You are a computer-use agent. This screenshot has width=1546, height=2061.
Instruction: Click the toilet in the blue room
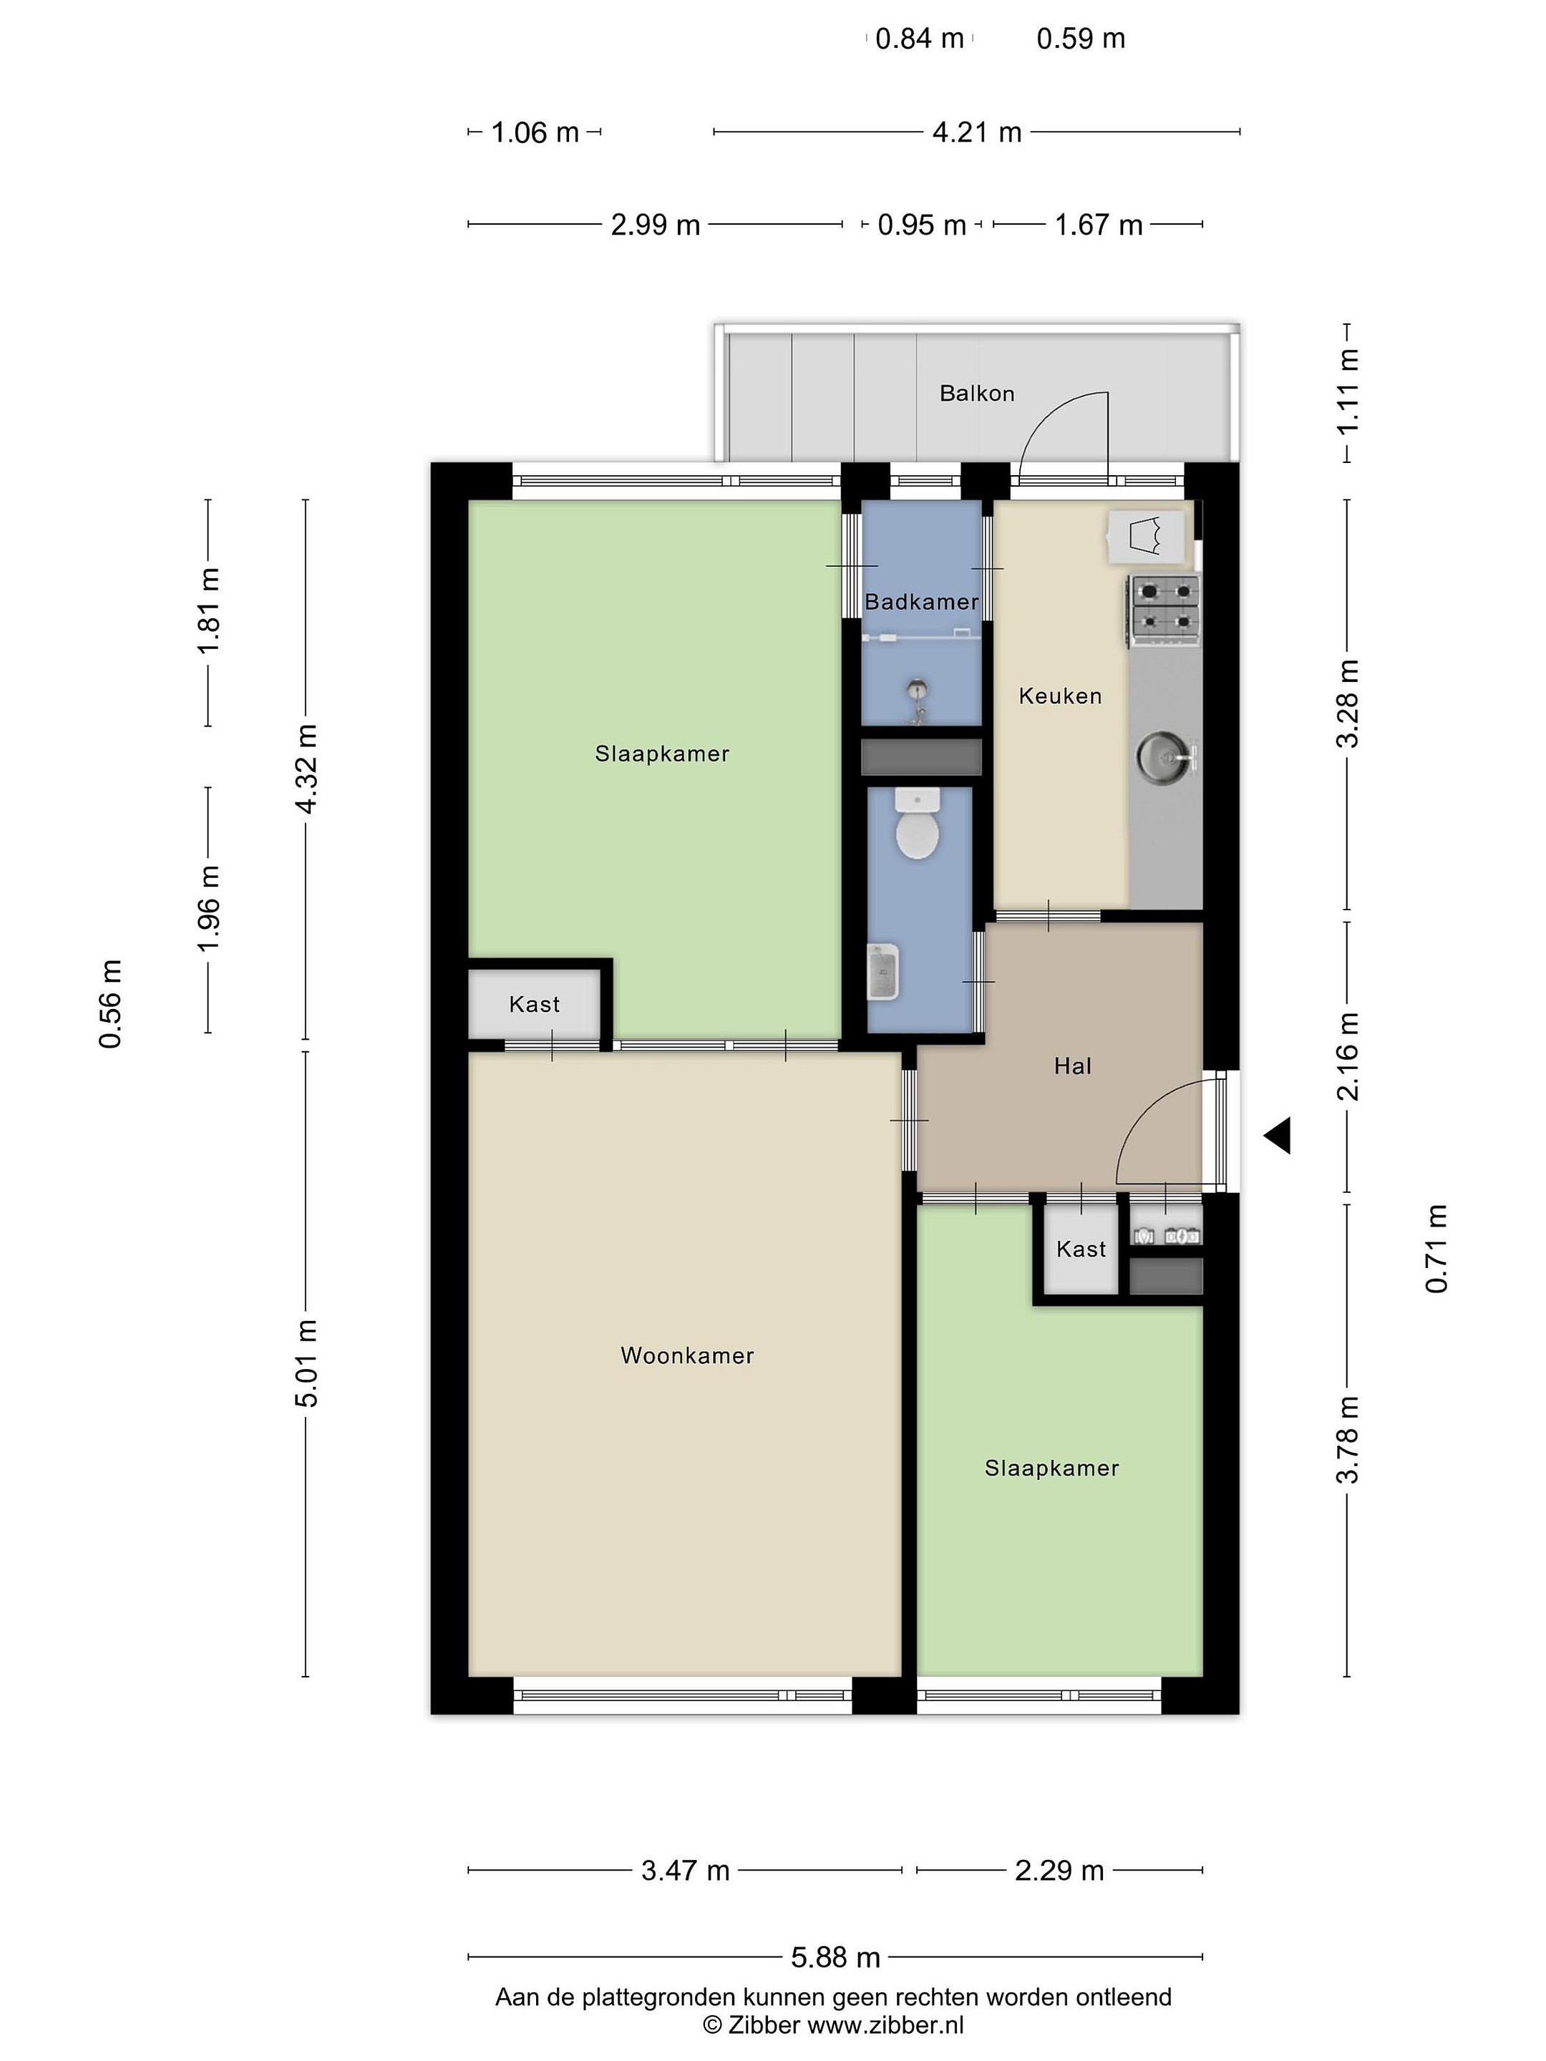coord(917,824)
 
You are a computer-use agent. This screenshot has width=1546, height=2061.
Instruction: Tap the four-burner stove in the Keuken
coord(1165,611)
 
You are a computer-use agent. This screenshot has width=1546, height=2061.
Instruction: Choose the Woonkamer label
coord(687,1355)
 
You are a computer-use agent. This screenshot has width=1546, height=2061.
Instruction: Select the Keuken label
coord(1059,696)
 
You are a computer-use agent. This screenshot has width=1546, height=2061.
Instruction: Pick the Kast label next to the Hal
coord(1081,1249)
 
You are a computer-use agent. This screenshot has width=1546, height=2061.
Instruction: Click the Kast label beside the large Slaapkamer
coord(534,1005)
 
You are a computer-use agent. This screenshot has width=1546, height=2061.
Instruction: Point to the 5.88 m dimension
coord(835,1957)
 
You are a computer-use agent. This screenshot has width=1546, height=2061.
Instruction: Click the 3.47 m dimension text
coord(685,1870)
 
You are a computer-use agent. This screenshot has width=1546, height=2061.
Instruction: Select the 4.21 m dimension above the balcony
coord(976,132)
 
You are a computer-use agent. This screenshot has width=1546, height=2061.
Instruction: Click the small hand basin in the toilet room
coord(883,972)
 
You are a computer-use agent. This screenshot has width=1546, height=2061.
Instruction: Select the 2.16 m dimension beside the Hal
coord(1348,1056)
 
